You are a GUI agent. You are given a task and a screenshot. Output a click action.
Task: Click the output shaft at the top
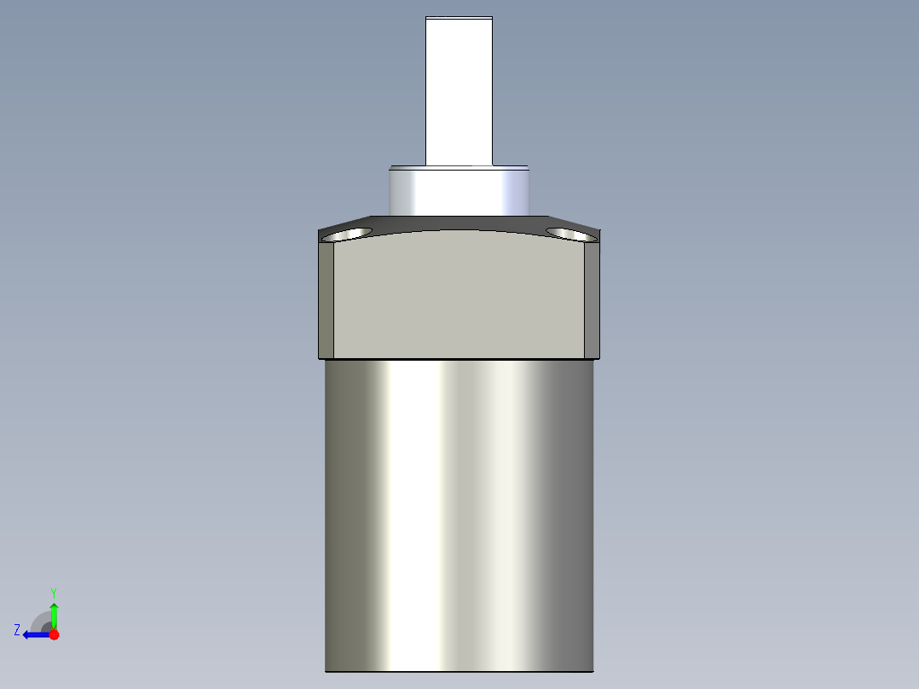459,90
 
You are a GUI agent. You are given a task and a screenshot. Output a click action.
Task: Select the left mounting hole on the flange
350,233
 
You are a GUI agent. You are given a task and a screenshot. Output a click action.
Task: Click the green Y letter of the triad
53,592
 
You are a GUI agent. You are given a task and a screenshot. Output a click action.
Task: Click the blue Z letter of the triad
17,630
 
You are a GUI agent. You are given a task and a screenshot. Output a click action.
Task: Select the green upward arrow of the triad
54,612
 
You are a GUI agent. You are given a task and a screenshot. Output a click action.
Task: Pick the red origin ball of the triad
54,634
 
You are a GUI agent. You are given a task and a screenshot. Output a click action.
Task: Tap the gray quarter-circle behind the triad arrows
41,620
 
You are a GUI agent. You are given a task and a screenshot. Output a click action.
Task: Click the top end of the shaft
459,17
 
